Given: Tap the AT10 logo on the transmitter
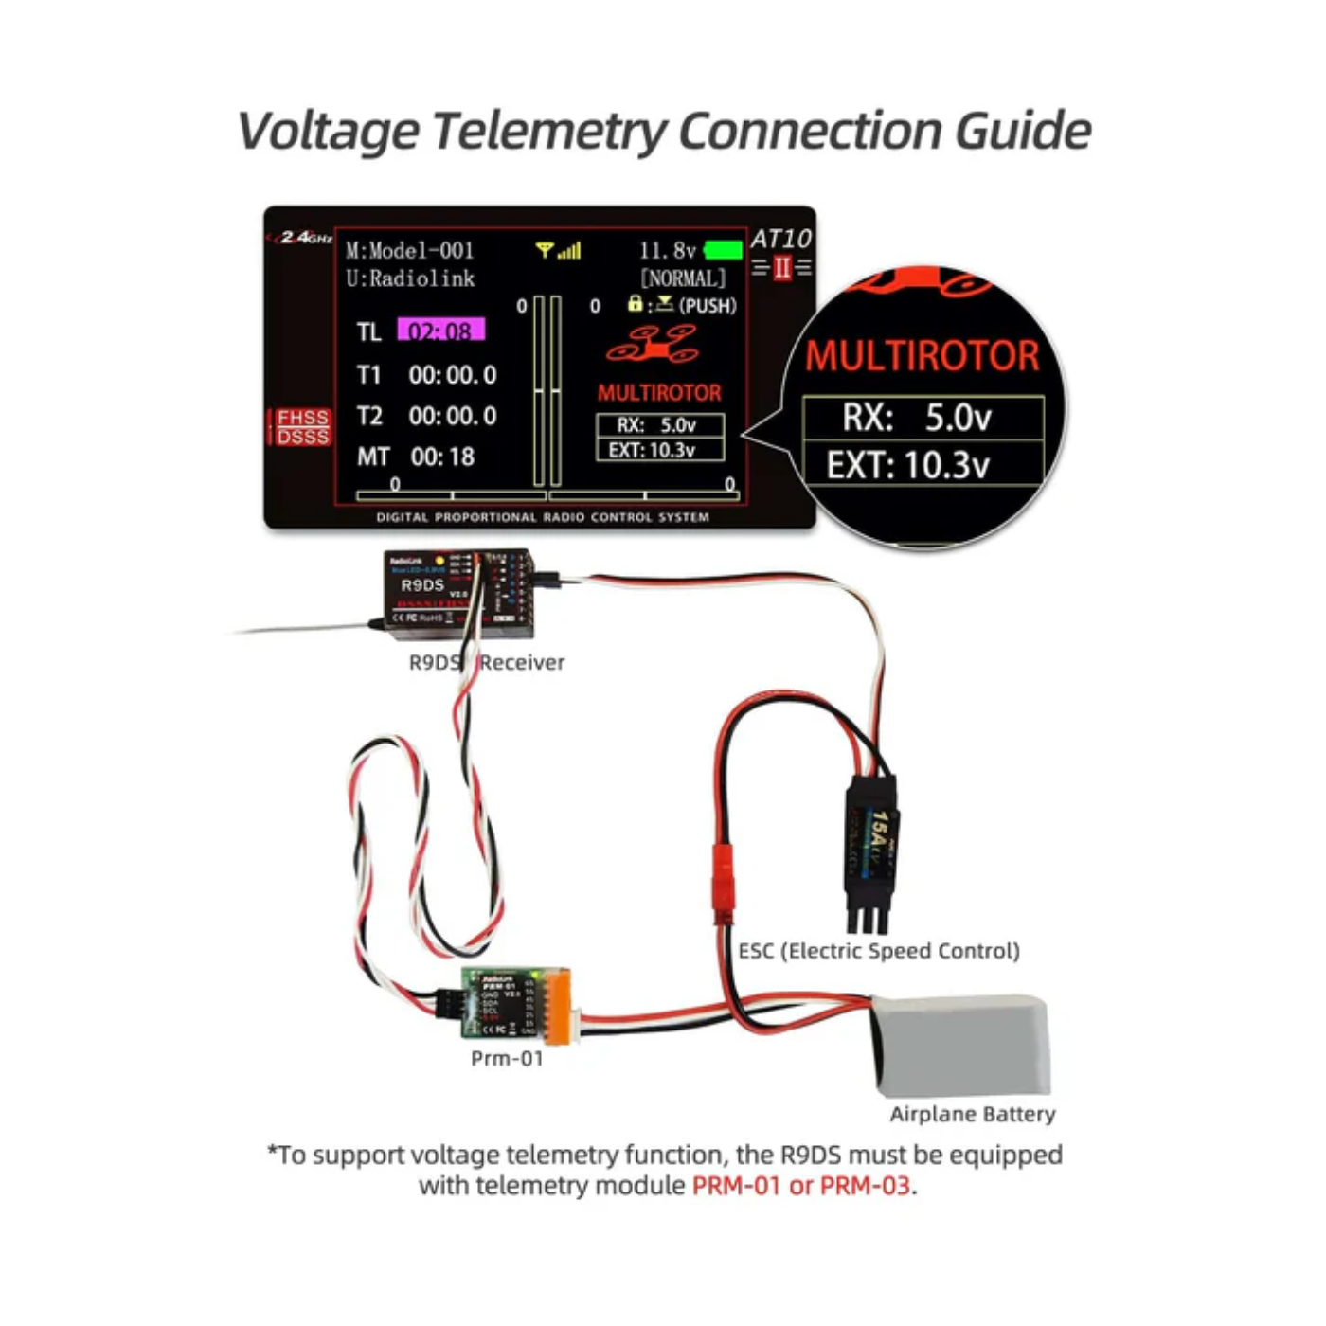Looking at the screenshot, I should pos(780,239).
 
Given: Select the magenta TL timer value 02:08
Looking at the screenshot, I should pos(440,331).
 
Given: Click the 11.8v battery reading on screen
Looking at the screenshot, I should pos(667,250).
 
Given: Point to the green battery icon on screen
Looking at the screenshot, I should pos(724,250).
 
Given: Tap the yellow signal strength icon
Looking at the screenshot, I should pos(558,250).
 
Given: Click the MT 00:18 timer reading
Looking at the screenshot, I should pos(417,457).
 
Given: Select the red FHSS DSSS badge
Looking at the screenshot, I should pos(302,426).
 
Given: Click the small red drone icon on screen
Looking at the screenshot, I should pos(654,346).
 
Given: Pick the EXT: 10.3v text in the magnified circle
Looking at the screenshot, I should pos(907,465).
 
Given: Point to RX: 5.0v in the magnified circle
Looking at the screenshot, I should pos(917,418).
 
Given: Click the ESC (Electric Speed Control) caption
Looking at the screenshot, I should pos(879,951).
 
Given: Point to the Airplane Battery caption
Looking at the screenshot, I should pos(972,1114).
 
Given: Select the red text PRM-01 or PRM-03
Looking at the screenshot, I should pos(800,1186).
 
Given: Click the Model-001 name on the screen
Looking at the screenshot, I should pos(409,251).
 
